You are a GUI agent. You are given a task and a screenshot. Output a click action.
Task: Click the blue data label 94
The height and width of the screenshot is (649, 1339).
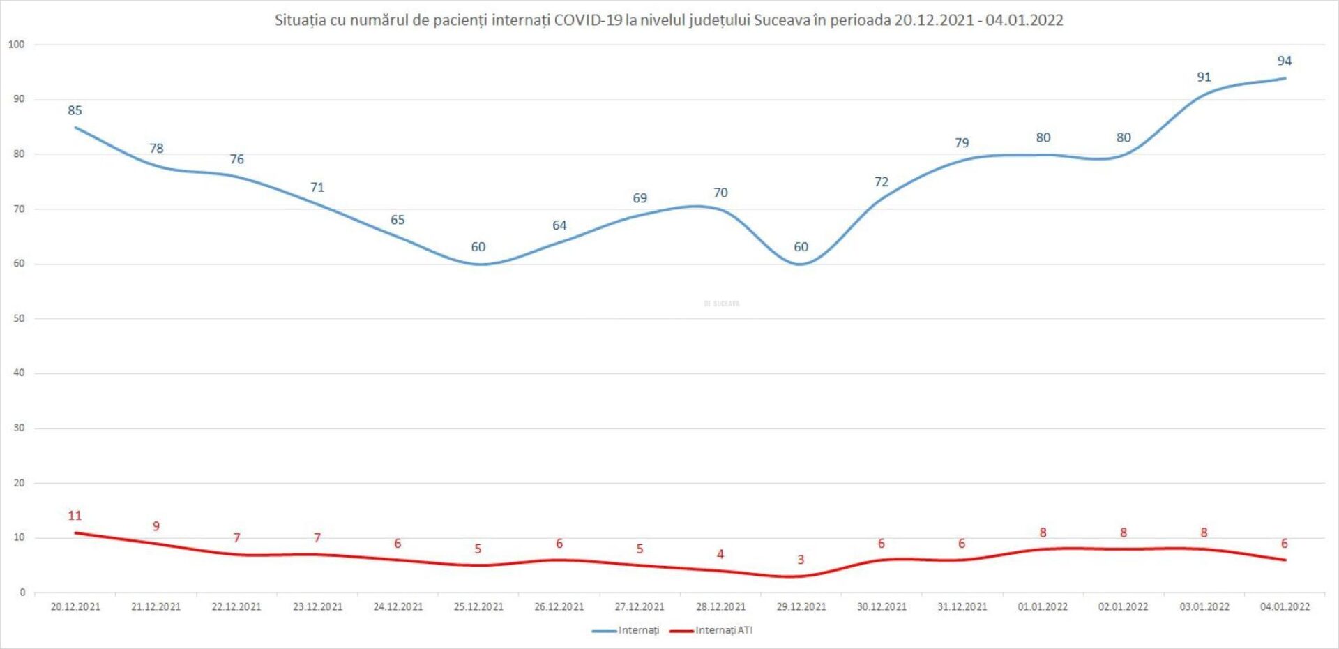[1284, 61]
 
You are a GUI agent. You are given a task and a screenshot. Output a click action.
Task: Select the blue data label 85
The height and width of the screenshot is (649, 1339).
[75, 110]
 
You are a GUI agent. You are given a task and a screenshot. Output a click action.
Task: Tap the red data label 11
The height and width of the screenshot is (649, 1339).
[75, 516]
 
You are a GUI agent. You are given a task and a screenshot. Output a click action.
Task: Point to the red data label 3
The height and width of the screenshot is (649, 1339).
[801, 560]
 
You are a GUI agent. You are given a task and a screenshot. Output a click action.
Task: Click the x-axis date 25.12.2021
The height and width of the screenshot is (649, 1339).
[478, 607]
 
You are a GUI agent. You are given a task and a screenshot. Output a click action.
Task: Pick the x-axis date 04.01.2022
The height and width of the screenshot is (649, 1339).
[1285, 607]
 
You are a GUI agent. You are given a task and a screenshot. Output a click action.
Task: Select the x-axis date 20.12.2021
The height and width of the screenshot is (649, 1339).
[75, 607]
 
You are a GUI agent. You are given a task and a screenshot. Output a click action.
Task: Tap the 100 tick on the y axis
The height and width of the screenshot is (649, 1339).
[16, 45]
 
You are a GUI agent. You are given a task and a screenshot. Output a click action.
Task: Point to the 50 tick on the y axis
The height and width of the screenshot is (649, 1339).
[19, 318]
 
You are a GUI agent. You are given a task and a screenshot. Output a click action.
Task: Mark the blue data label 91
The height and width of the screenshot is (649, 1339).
[1204, 77]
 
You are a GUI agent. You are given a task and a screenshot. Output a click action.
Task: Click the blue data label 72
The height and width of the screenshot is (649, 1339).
[882, 182]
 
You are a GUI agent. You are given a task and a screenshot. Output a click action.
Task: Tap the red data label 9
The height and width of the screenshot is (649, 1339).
[156, 526]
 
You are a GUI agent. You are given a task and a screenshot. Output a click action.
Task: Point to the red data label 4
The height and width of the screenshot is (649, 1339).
[720, 554]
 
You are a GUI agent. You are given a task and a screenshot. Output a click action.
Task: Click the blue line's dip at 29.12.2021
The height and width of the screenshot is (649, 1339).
[801, 264]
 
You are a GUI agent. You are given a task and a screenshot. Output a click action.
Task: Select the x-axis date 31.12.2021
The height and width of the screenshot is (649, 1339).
[962, 607]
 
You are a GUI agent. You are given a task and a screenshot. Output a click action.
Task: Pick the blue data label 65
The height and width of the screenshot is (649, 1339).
[398, 220]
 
